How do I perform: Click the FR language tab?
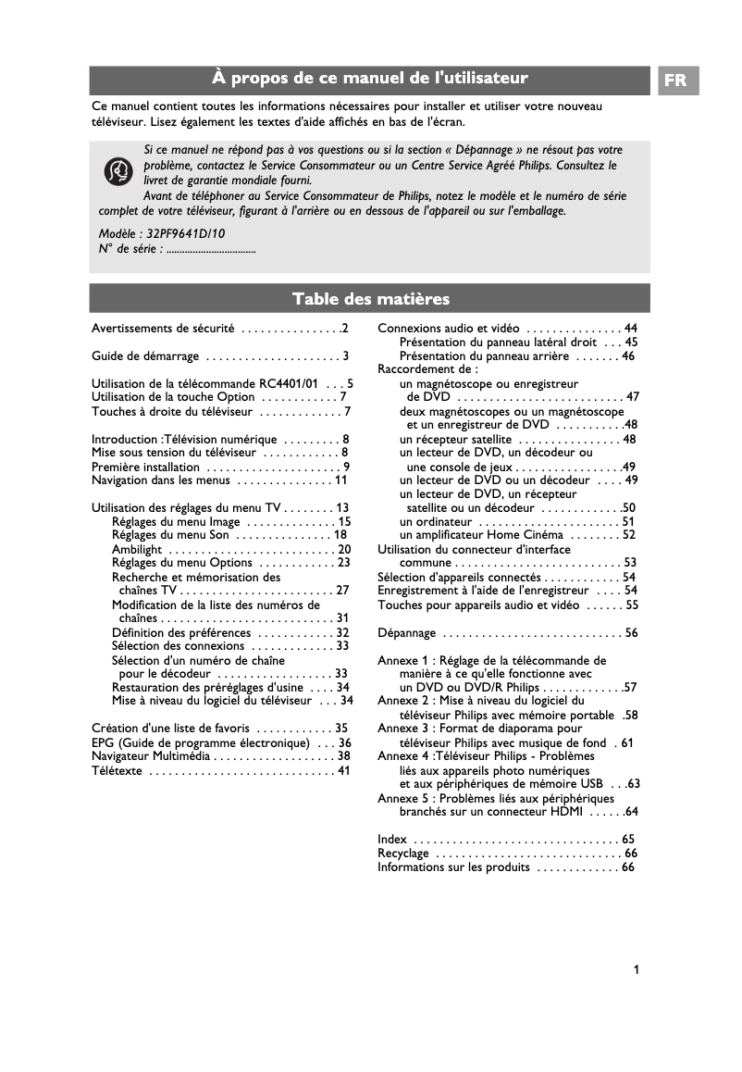tap(676, 81)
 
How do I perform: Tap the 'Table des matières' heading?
tap(370, 298)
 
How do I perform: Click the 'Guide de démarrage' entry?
tap(145, 355)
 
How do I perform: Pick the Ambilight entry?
tap(137, 549)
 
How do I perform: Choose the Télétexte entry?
tap(117, 770)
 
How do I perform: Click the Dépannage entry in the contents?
tap(406, 633)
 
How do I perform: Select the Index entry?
tap(392, 839)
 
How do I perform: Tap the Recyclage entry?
tap(403, 853)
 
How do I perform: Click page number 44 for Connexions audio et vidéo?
tap(631, 329)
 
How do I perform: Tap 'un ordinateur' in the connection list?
tap(436, 521)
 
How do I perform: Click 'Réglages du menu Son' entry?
tap(170, 535)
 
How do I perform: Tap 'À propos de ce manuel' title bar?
tap(370, 80)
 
